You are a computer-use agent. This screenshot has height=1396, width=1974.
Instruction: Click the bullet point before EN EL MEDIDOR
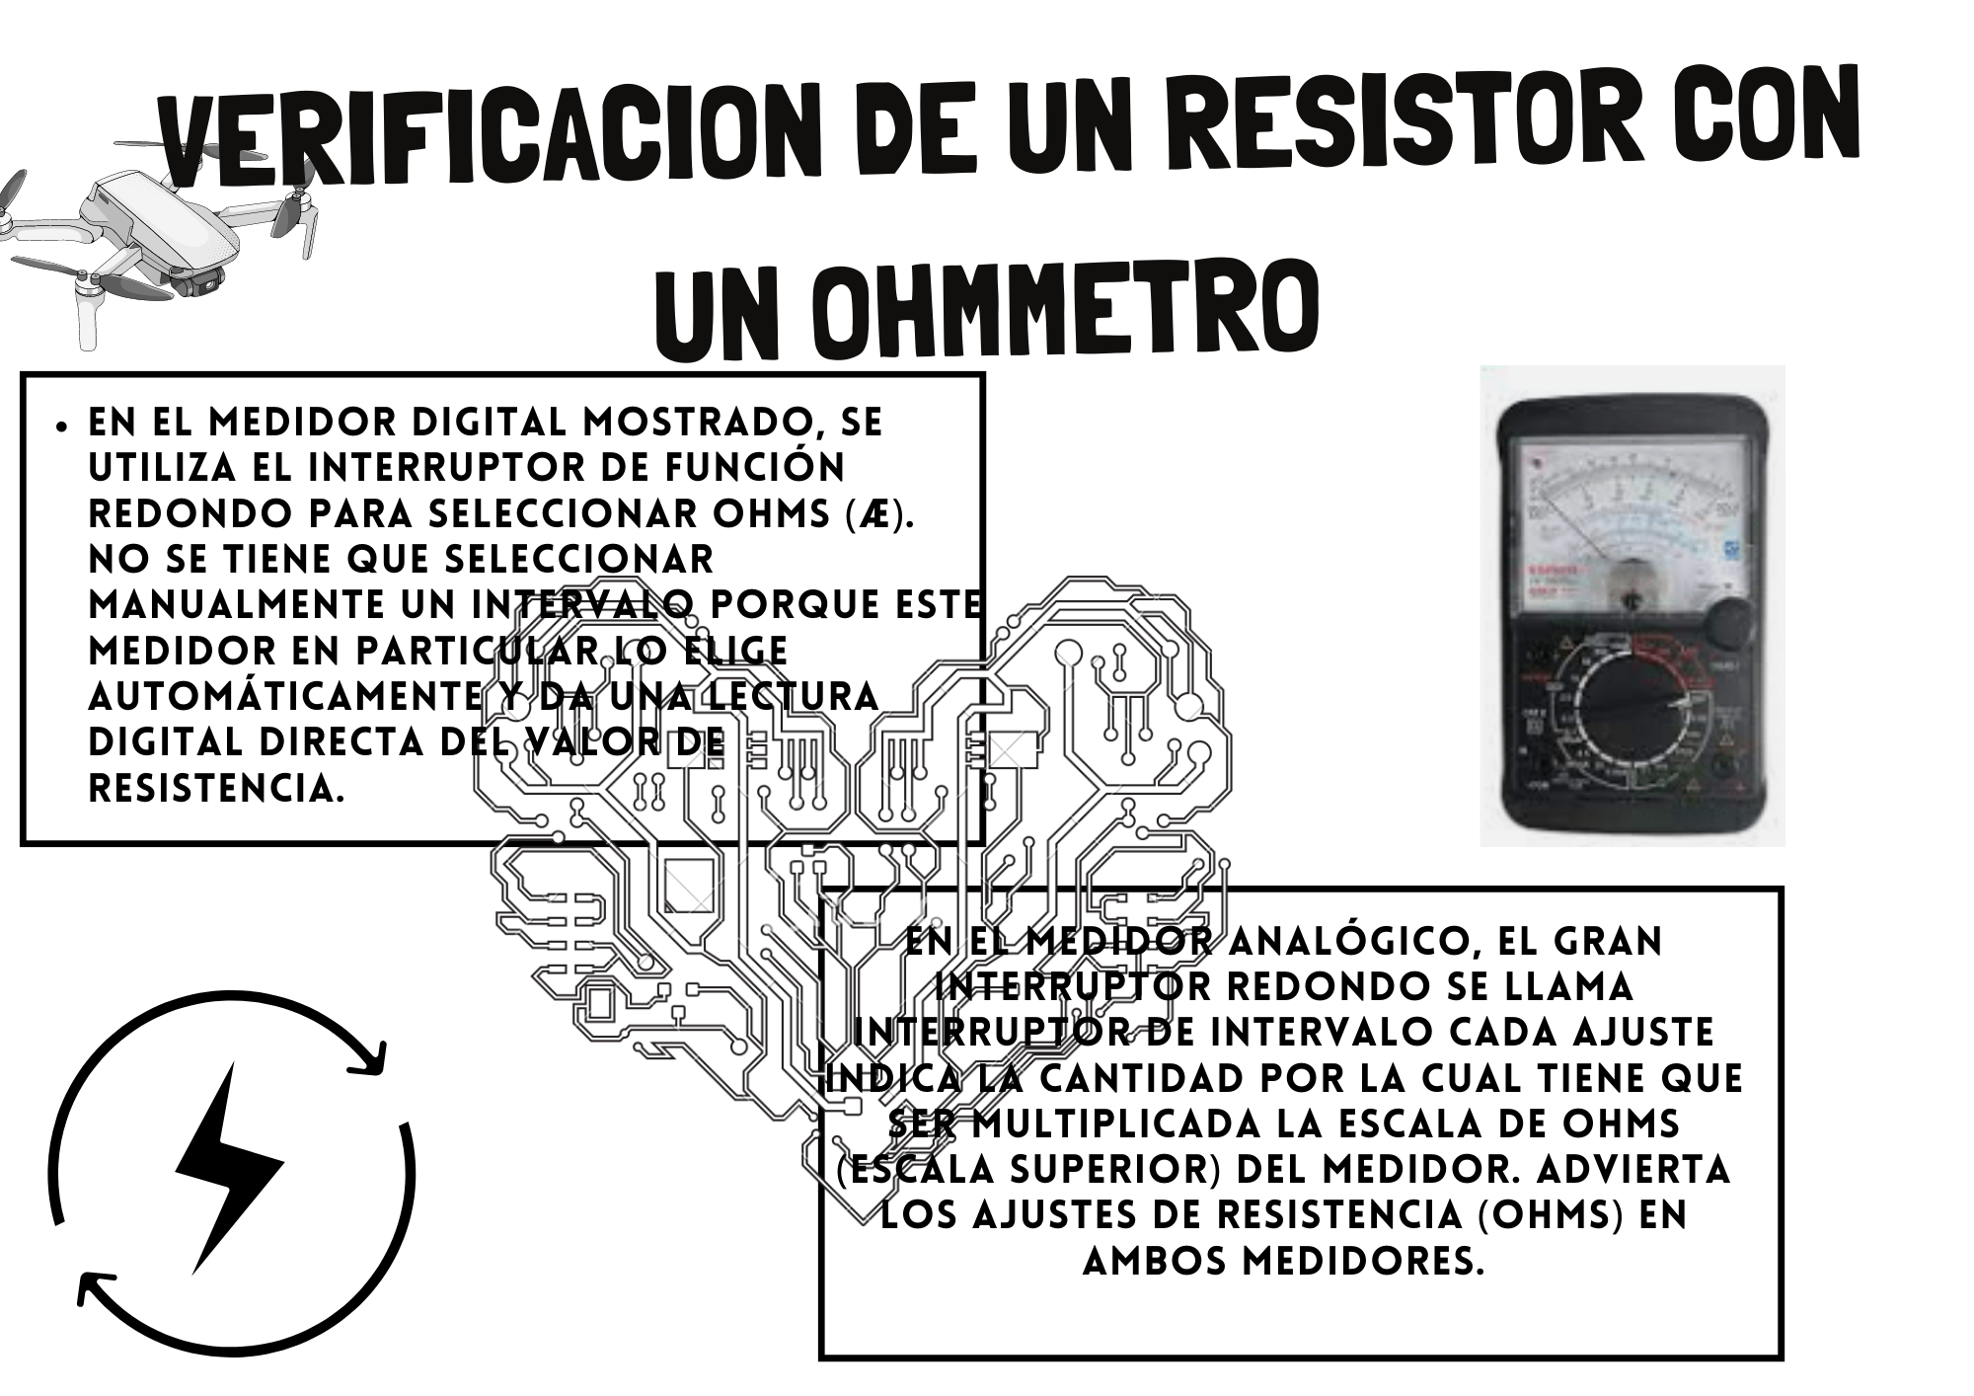(62, 427)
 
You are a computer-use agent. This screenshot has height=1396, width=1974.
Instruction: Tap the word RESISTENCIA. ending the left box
(217, 788)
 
